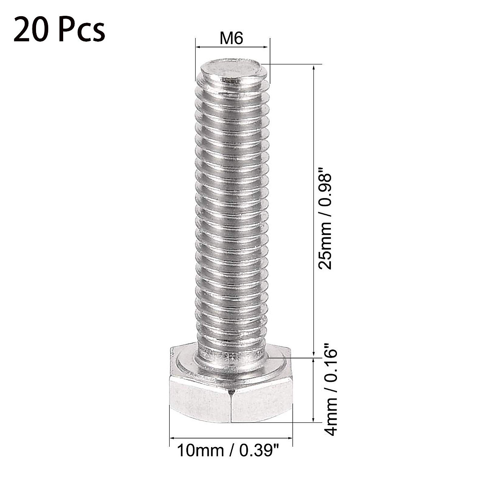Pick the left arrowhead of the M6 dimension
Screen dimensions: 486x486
coord(198,47)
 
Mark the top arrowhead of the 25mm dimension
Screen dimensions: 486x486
coord(313,67)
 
